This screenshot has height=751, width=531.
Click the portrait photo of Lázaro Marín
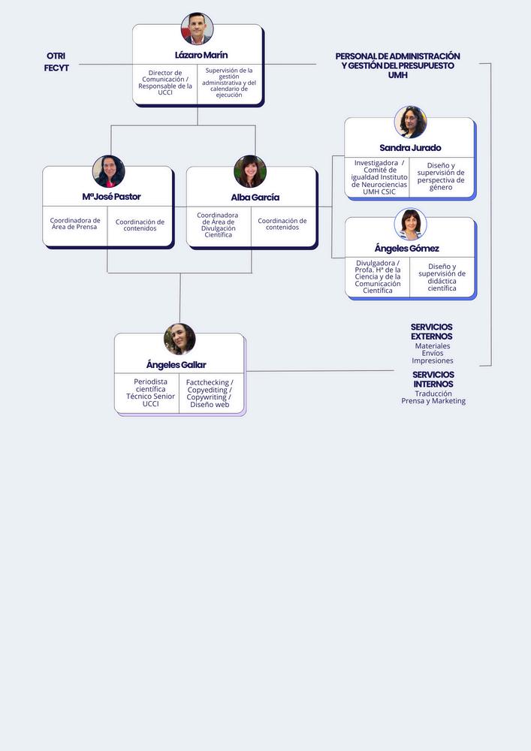point(197,29)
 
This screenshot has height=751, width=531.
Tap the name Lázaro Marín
point(201,55)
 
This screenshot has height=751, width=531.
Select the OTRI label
point(56,56)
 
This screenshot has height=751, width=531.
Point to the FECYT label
point(56,68)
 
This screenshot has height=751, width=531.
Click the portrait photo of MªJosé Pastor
point(109,171)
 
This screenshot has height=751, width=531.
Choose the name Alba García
point(255,198)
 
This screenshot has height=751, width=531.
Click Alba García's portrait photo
point(250,171)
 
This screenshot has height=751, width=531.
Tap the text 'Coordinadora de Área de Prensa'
point(75,224)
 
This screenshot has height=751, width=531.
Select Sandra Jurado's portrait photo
point(410,122)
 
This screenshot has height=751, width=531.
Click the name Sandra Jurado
point(410,148)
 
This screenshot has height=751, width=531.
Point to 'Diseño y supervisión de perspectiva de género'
point(441,176)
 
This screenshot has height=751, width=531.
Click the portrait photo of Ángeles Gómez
point(410,224)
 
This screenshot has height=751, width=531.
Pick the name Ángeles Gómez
point(406,249)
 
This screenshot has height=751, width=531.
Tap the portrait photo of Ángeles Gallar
point(180,339)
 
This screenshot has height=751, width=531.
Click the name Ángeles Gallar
point(176,365)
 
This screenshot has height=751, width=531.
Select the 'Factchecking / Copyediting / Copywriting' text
point(210,390)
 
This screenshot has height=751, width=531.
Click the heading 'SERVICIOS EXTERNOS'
point(431,331)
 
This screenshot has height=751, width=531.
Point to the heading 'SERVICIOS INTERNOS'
point(433,379)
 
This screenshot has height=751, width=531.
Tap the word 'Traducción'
point(433,394)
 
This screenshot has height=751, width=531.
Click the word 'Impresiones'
point(433,360)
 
